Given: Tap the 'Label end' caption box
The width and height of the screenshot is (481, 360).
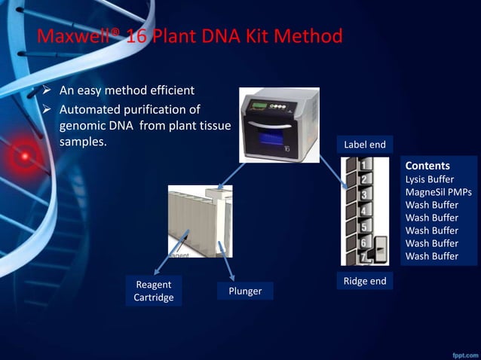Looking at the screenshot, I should [x=364, y=145].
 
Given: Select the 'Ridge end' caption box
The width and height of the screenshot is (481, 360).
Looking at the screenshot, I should [x=364, y=281].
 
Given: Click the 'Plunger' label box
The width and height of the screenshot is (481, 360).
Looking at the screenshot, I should [x=244, y=291].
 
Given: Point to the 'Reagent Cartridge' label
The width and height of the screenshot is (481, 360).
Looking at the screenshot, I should [x=154, y=291].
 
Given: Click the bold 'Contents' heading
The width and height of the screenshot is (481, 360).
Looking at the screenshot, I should [x=427, y=166].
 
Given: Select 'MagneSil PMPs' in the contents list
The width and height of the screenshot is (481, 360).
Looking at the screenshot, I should [x=438, y=192].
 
